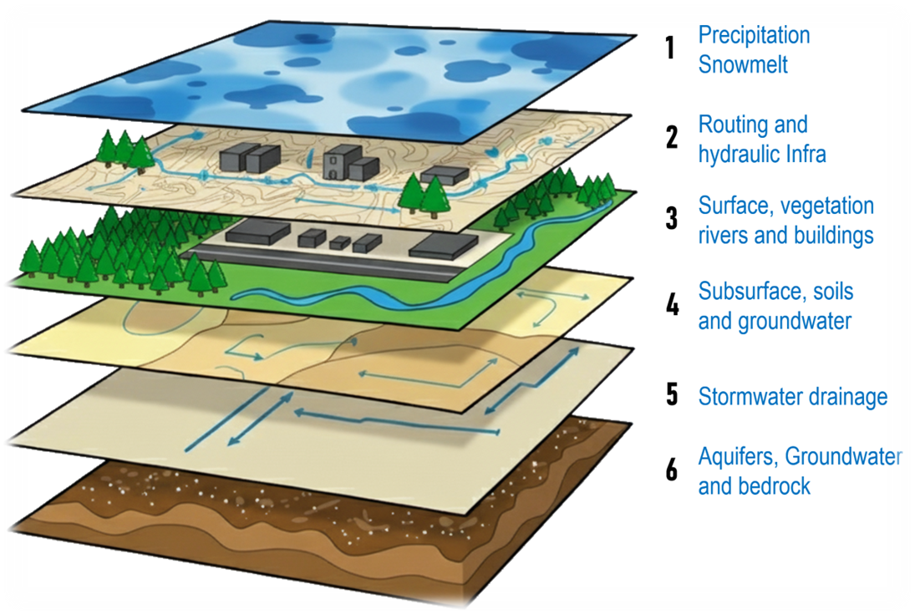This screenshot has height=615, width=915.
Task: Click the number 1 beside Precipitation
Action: tap(669, 48)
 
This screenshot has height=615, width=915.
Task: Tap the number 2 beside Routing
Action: tap(671, 137)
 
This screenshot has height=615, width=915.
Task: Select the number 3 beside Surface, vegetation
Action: tap(671, 218)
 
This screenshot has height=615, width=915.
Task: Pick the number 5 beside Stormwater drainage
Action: tap(671, 394)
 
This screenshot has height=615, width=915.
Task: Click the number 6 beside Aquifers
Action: tap(671, 470)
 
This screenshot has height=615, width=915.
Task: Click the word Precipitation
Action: tap(754, 36)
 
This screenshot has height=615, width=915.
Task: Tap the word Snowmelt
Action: tap(743, 64)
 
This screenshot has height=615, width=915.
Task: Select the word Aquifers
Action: tap(737, 457)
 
